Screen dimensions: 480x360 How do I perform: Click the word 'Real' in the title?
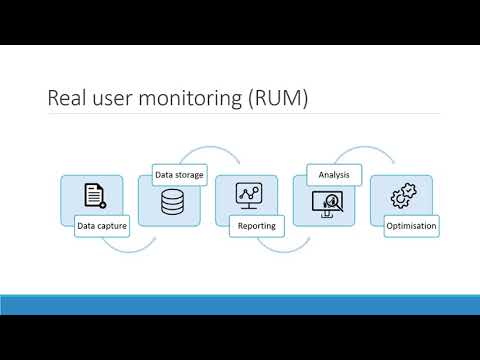[68, 98]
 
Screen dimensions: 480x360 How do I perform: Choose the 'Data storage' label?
[180, 175]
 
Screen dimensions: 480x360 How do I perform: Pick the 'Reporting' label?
[257, 226]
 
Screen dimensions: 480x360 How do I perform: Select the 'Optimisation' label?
[411, 226]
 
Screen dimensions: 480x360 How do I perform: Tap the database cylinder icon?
[172, 203]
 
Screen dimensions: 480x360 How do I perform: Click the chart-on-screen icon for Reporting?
[247, 195]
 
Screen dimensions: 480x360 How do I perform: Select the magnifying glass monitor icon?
[327, 203]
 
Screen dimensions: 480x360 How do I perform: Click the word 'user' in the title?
[118, 98]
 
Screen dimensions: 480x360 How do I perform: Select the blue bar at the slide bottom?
[240, 304]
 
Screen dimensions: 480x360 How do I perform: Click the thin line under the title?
[240, 114]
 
